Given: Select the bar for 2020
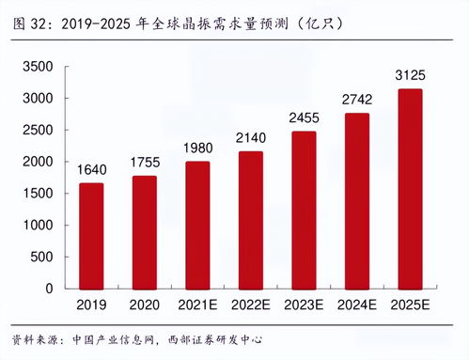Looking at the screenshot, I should click(x=144, y=231).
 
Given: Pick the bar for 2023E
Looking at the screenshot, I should click(x=304, y=210).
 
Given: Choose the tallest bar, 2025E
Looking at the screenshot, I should click(x=410, y=188).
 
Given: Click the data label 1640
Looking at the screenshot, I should click(x=91, y=171).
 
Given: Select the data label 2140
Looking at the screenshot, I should click(x=250, y=139).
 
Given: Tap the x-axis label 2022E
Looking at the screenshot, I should click(x=250, y=305).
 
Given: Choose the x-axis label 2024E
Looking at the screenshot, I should click(x=357, y=305).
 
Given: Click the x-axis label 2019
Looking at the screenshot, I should click(x=91, y=305).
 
